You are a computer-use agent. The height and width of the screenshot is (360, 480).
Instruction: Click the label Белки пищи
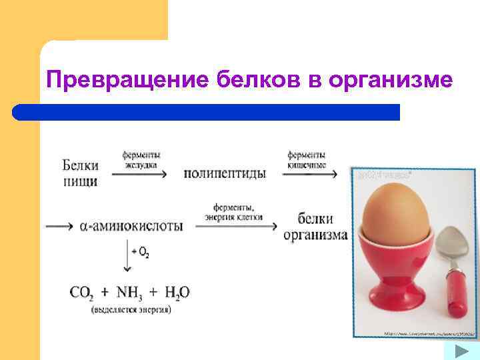point(81,173)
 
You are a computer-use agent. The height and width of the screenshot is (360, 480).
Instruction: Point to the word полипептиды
point(225,173)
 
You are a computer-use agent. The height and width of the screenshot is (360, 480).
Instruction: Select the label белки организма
point(315,227)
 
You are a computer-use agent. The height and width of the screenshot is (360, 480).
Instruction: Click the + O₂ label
point(141,252)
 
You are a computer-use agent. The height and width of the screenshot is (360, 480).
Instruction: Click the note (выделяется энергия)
point(131,309)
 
